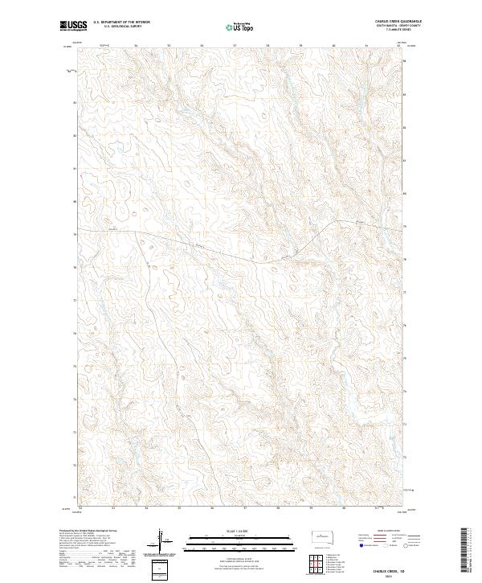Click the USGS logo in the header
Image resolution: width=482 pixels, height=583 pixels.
point(72,26)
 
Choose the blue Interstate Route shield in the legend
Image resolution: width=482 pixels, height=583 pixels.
point(359,545)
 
